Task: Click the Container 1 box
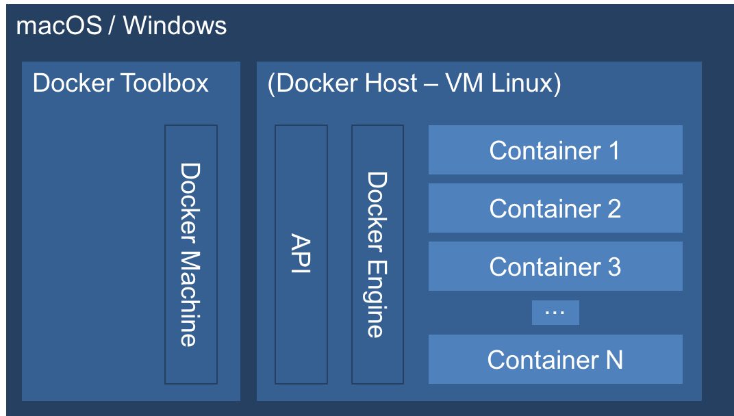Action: point(555,150)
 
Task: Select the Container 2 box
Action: point(555,208)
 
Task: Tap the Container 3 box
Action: point(555,266)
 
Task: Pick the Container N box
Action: point(555,359)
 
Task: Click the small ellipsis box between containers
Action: point(555,313)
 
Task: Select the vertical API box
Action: point(301,254)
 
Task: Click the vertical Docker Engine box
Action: point(377,254)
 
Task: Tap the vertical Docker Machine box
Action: point(191,254)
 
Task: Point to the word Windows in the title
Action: point(175,26)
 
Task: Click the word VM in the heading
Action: point(461,83)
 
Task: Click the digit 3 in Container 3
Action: point(613,266)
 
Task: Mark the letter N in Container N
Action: point(614,359)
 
